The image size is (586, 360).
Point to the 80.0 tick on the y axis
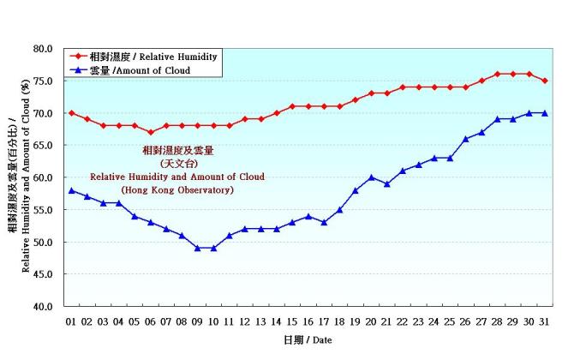(43, 49)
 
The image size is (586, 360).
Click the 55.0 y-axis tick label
(43, 210)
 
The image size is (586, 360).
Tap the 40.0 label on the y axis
(43, 306)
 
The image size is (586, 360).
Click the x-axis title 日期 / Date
(308, 340)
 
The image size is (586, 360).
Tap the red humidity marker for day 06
(150, 132)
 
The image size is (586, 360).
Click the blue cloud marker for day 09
(197, 248)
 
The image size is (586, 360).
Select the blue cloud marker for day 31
(544, 113)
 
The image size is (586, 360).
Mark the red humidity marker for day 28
(497, 74)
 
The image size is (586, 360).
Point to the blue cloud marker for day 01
(72, 190)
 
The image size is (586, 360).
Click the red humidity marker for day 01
(72, 113)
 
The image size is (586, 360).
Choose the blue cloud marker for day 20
(371, 177)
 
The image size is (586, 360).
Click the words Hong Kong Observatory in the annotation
(177, 189)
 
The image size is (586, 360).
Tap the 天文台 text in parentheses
(177, 163)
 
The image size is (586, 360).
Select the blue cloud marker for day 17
(324, 222)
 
